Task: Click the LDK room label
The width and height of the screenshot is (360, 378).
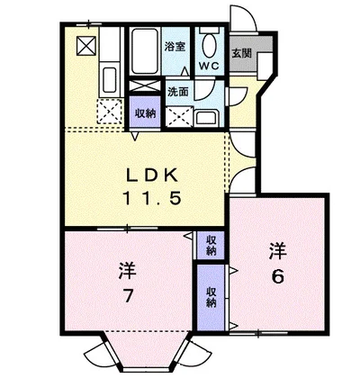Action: click(151, 175)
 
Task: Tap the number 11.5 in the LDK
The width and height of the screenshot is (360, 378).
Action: click(151, 198)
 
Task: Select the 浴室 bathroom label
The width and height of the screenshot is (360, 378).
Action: click(175, 47)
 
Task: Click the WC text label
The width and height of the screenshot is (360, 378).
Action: click(209, 66)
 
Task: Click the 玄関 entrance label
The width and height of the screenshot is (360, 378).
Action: click(241, 53)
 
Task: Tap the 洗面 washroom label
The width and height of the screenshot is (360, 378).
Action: click(178, 92)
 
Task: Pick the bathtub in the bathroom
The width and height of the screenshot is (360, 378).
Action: click(145, 51)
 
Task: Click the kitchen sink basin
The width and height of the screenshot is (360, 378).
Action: click(109, 80)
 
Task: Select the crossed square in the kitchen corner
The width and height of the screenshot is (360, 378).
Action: click(86, 46)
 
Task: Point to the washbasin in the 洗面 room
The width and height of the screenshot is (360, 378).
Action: click(208, 118)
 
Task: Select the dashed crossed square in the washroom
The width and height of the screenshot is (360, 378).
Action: click(179, 117)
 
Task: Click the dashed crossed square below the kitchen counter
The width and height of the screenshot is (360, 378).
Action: click(109, 111)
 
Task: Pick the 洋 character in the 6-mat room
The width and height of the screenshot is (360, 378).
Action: click(277, 251)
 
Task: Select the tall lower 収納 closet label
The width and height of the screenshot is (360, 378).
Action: click(211, 297)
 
